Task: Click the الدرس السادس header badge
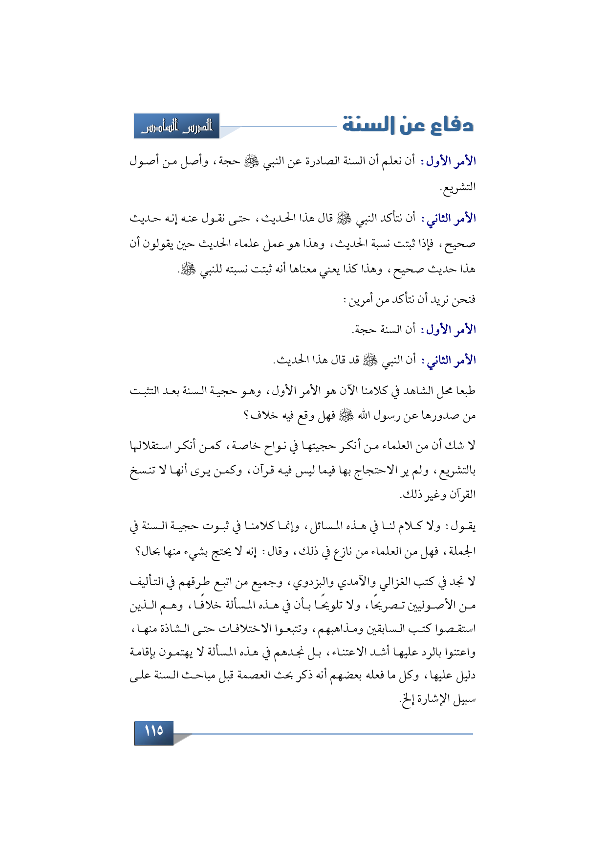tap(177, 126)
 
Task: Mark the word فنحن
tap(465, 299)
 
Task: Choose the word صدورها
tap(442, 416)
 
